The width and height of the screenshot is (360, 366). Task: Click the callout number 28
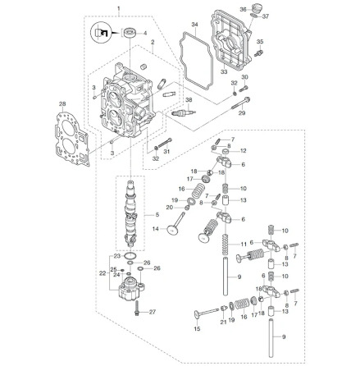point(62,104)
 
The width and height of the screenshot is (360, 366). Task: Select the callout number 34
point(194,25)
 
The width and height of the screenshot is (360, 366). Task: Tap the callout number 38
point(189,100)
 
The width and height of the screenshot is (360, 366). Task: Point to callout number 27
point(153,312)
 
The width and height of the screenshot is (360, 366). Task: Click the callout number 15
point(197,329)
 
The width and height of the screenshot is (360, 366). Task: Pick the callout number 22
point(103,273)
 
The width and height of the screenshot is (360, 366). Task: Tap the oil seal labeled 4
point(130,33)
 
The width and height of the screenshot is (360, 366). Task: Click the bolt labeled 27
point(137,309)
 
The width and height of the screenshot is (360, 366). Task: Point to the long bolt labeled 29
point(240,103)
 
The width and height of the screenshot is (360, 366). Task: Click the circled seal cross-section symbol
point(100,33)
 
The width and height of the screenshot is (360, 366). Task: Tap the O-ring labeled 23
point(130,257)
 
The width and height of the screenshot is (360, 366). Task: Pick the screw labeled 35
point(258,53)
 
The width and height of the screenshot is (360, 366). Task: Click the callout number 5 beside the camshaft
point(157,215)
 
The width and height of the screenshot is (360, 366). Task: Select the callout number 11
point(244,244)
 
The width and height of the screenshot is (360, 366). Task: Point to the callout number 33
point(224,72)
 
